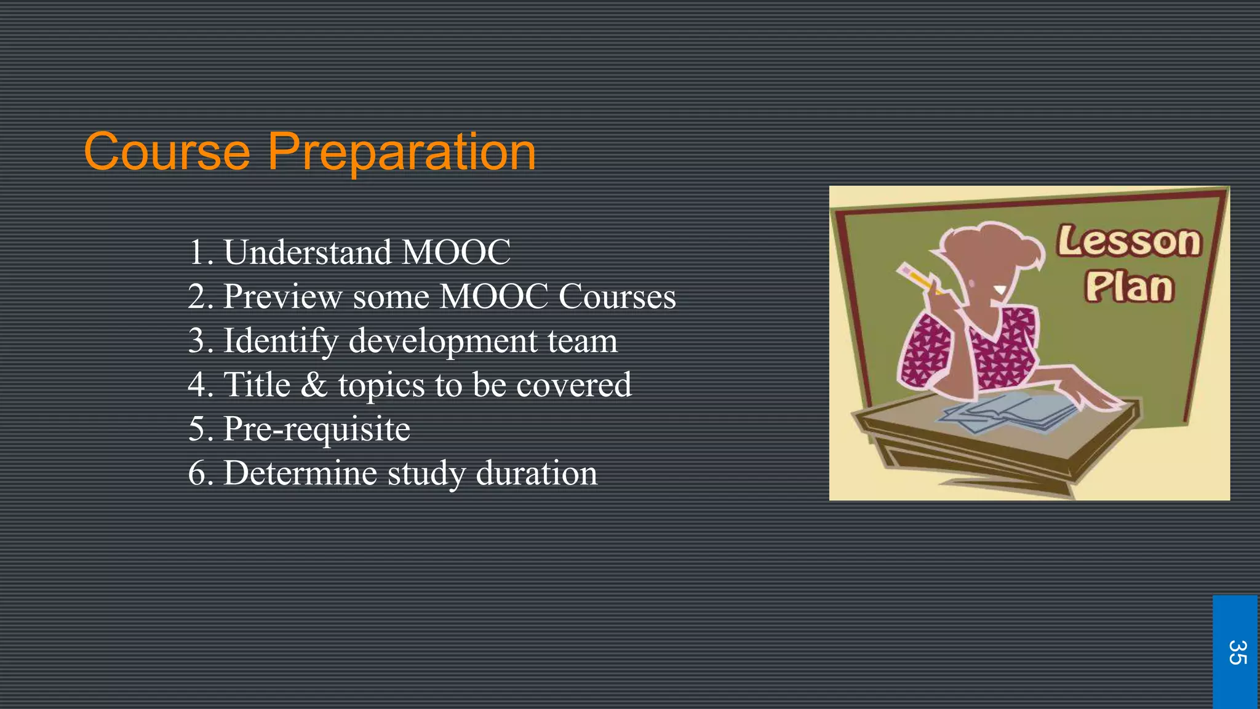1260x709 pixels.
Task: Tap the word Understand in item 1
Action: click(x=307, y=252)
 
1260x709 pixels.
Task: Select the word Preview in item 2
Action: click(x=282, y=297)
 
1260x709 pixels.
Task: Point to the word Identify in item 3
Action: click(x=280, y=342)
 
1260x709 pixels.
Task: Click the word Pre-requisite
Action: click(x=316, y=429)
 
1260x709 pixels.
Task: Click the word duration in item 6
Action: click(x=536, y=473)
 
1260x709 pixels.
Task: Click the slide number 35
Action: click(x=1236, y=652)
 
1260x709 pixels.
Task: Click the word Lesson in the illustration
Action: click(x=1129, y=241)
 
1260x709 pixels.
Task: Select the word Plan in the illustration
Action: click(x=1129, y=287)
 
